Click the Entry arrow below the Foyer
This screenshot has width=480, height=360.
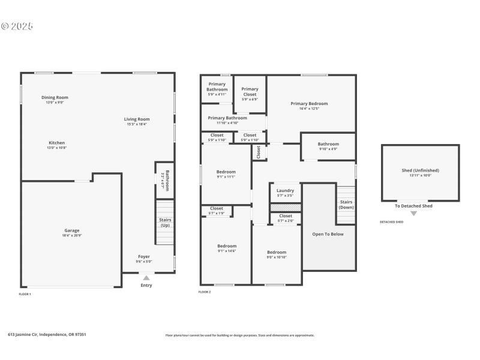(x=146, y=278)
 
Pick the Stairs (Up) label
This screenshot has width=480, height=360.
(x=166, y=223)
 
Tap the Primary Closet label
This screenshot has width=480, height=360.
(x=250, y=92)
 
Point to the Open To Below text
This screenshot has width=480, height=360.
(x=328, y=234)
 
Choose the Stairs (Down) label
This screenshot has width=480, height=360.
(x=346, y=205)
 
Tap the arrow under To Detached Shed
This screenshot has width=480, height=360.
(x=413, y=214)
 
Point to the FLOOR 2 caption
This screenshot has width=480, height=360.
(x=205, y=292)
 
